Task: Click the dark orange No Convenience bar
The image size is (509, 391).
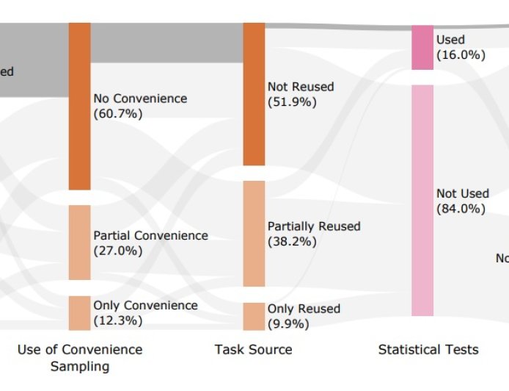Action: (80, 106)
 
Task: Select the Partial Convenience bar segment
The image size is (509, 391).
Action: (80, 243)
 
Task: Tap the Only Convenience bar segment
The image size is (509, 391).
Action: (80, 313)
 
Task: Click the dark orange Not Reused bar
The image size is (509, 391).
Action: (254, 94)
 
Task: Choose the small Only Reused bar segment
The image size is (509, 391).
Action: (254, 317)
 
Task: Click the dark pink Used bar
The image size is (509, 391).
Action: (422, 48)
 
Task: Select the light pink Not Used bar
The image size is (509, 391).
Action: (422, 201)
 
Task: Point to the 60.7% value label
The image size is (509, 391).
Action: (118, 114)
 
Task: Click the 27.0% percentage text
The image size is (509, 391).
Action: (118, 251)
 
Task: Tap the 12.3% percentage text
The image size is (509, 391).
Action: (118, 321)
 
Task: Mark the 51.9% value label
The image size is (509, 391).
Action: (292, 102)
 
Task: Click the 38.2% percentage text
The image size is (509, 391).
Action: (292, 242)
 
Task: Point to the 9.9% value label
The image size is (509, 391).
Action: (288, 324)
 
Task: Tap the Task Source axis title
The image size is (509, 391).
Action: (253, 350)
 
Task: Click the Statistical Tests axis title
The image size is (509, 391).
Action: (428, 350)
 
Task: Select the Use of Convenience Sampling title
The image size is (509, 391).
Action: (80, 358)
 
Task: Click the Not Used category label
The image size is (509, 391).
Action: (462, 193)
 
